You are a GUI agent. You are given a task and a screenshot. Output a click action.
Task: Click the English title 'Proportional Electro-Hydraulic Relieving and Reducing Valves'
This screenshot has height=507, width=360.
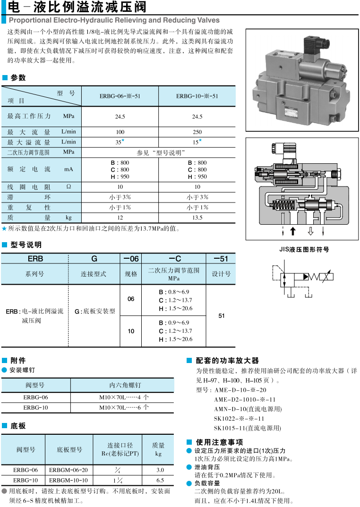114,20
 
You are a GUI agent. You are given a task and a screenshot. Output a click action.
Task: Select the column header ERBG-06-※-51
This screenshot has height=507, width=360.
120,96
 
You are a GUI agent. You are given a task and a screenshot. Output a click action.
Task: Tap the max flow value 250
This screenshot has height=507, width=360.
197,132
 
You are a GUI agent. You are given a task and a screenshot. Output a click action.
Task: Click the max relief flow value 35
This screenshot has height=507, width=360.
119,142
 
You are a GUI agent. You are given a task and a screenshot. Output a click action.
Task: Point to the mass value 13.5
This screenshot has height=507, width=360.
197,218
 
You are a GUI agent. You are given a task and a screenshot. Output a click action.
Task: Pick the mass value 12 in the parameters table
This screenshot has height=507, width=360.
120,218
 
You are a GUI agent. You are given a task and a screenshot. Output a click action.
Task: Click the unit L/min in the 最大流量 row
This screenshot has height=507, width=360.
69,132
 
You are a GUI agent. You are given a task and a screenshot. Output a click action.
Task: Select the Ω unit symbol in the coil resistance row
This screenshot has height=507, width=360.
69,187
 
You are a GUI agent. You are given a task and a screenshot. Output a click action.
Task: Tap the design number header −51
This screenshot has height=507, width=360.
221,258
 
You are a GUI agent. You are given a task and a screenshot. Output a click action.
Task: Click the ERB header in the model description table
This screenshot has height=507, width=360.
35,258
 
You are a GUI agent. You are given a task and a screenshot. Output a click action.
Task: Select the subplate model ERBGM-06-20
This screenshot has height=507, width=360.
69,470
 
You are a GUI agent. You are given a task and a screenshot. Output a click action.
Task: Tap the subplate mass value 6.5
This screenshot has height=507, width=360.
160,480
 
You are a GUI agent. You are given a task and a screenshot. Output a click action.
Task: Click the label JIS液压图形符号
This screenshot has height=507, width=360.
304,249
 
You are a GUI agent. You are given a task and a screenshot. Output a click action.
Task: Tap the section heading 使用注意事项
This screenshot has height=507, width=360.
219,442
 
